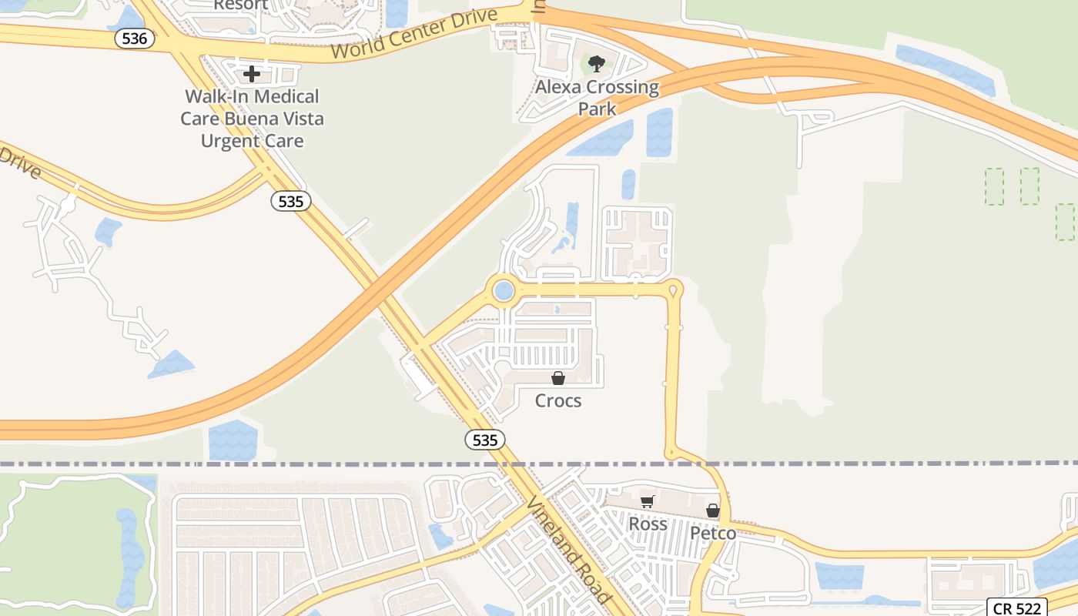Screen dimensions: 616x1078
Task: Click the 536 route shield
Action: (x=134, y=38)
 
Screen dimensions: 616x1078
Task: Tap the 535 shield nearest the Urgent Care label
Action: (x=291, y=202)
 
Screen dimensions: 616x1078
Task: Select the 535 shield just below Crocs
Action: (x=485, y=440)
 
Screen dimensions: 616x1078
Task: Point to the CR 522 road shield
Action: (x=1017, y=608)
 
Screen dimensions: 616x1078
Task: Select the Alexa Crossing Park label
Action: (x=598, y=98)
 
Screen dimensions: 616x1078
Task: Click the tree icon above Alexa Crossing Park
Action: (x=597, y=63)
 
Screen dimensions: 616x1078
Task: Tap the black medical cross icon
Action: (x=252, y=74)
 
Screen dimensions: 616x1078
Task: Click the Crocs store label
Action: (x=558, y=401)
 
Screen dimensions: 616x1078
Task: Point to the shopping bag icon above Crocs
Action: (x=558, y=378)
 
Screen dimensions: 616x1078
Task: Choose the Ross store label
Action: (x=648, y=524)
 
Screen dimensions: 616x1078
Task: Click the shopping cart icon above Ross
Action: (x=648, y=501)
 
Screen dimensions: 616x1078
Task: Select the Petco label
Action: (x=713, y=533)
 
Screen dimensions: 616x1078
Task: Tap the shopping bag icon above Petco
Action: (x=713, y=510)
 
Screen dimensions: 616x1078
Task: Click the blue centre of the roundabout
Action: (x=504, y=291)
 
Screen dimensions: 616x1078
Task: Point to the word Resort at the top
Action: (x=241, y=5)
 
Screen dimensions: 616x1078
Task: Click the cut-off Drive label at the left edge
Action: (x=18, y=162)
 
